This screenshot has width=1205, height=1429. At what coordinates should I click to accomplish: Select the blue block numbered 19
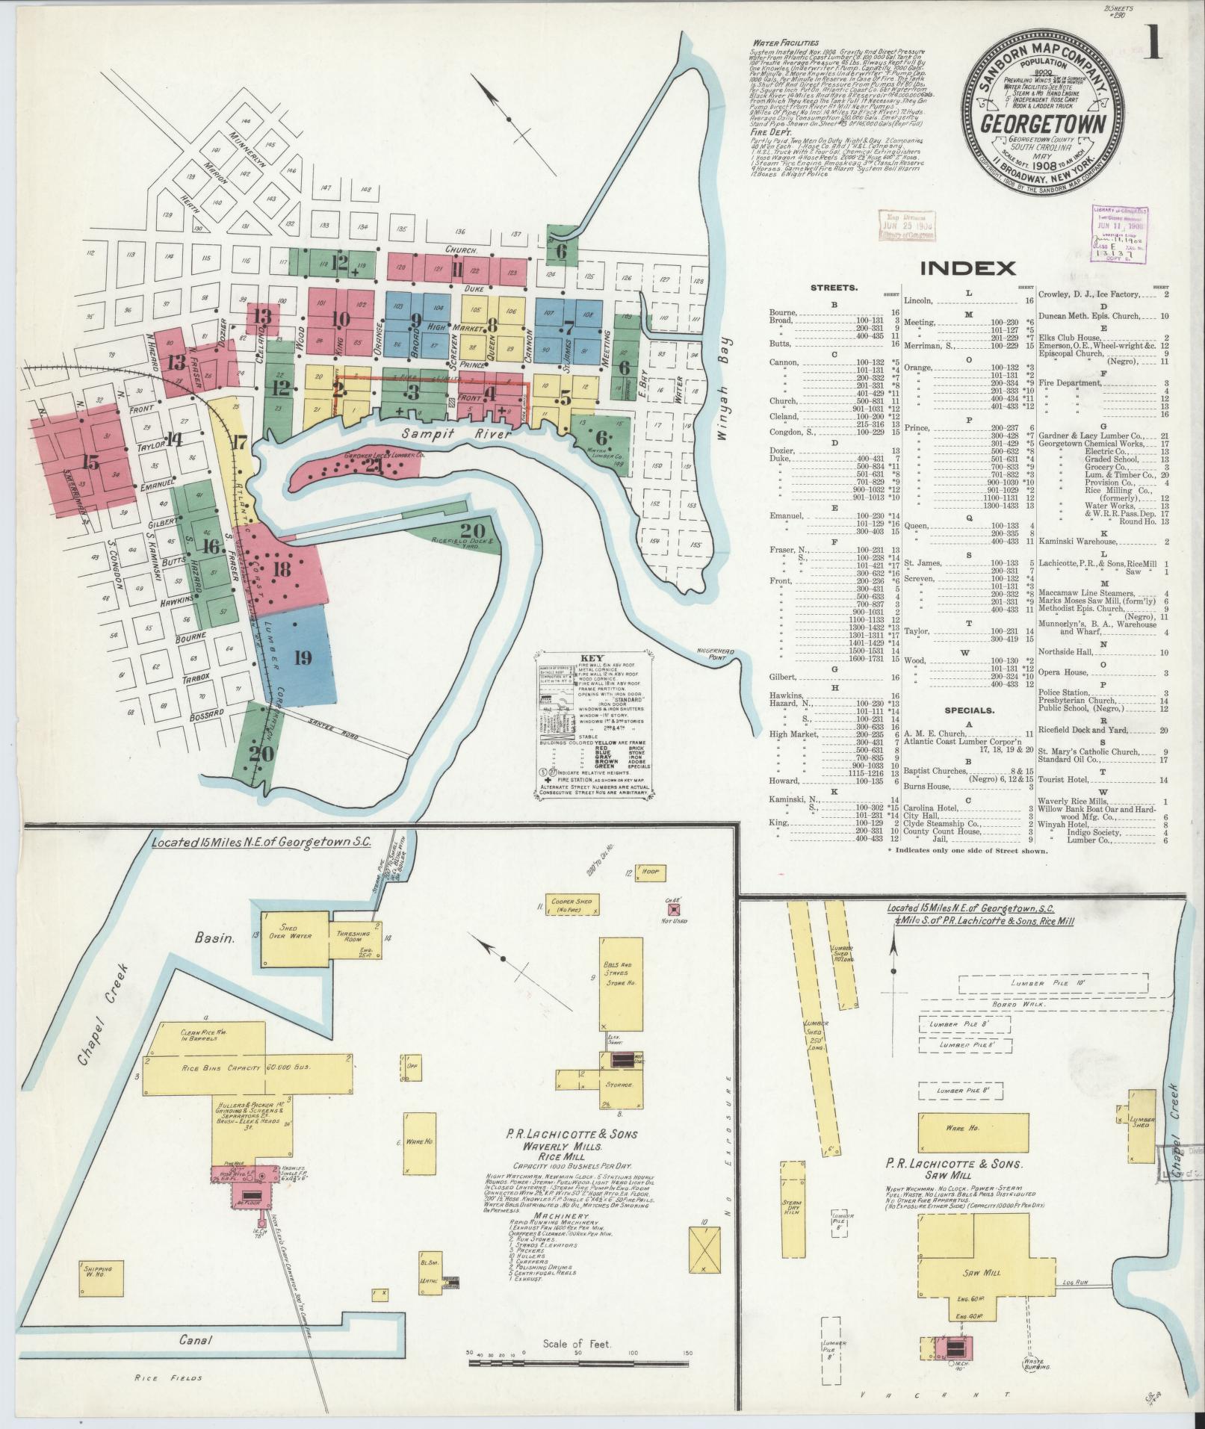(302, 657)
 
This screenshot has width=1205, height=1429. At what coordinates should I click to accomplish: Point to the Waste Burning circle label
(1033, 1364)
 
